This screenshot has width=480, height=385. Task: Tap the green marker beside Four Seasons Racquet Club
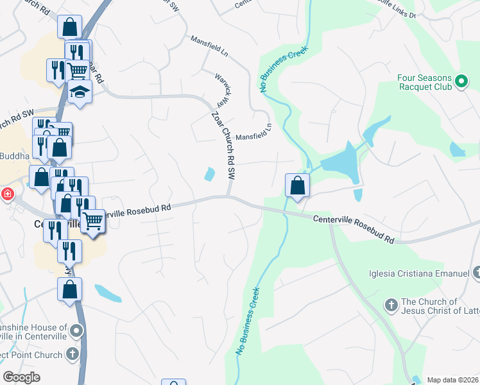pos(461,81)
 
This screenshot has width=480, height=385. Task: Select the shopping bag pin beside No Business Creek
pos(298,186)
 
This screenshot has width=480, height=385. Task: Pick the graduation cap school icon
pos(80,92)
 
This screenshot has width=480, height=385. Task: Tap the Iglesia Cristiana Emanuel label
pos(418,274)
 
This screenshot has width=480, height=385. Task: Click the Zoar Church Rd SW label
pos(224,144)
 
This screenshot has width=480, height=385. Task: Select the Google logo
pos(22,377)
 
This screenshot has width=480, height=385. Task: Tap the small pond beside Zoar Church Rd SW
pos(210,174)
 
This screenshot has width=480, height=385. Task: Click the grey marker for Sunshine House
pos(77,331)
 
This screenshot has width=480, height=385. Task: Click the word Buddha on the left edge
pos(14,156)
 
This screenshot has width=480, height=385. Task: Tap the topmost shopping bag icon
pos(70,28)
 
